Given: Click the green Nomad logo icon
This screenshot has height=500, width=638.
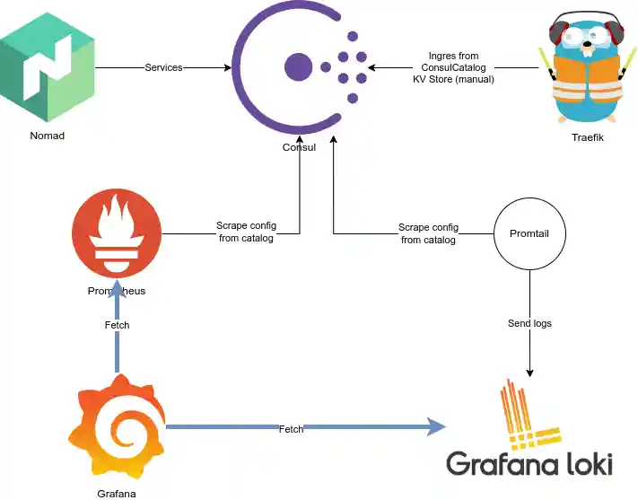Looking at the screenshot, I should coord(48,66).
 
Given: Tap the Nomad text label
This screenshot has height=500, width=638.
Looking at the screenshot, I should coord(48,136).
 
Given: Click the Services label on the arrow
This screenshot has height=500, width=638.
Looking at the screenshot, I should coord(163,67).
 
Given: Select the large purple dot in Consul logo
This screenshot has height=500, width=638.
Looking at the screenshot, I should coord(298,66).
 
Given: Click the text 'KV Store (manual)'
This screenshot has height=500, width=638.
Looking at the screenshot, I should coord(453,79).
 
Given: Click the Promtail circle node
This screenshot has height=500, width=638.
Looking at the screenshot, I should coord(529,233).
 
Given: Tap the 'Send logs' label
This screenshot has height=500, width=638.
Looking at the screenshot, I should coord(529,322).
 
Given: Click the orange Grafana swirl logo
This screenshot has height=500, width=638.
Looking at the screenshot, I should coord(117,427).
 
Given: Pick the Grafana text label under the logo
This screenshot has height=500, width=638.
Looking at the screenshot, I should coord(117,494).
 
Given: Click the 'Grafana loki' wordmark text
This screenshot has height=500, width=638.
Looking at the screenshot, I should coord(529,463).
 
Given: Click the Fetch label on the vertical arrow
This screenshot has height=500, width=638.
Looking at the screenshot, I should coord(117,325).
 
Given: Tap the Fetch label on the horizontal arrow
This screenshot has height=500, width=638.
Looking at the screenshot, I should coord(291,429).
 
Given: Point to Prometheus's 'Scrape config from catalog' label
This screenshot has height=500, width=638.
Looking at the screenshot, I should coord(245,232).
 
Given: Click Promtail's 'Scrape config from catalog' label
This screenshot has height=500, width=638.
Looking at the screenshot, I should coord(428,233).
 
